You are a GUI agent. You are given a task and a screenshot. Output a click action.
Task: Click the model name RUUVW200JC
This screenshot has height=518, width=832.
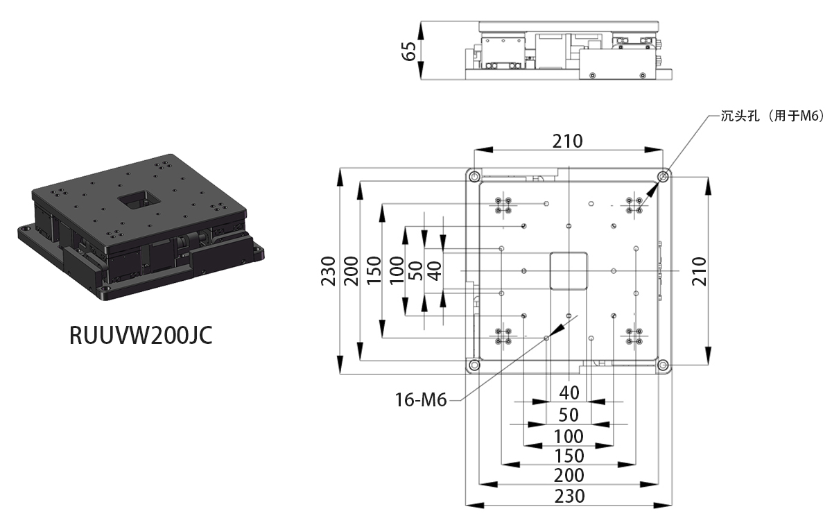pos(141,335)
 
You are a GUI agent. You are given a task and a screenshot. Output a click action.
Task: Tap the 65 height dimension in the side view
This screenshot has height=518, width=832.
pos(408,51)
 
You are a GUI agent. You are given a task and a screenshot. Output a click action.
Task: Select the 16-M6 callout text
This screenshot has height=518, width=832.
pos(420,400)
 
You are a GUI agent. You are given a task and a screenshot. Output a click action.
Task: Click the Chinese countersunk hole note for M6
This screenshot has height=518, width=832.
pos(772,116)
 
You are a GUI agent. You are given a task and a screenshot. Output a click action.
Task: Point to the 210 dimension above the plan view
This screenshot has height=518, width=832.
pos(568,141)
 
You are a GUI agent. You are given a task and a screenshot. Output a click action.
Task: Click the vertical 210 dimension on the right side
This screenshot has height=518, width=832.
pos(699,271)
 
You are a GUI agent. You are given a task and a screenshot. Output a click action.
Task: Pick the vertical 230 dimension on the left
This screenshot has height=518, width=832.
pos(328,271)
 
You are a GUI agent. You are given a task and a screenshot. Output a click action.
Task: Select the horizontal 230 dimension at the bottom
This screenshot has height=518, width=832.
pos(569,496)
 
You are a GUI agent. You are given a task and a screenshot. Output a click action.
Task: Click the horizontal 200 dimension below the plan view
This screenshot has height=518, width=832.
pos(569,476)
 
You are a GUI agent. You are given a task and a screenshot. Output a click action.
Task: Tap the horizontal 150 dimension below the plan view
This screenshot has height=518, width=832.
pos(569,456)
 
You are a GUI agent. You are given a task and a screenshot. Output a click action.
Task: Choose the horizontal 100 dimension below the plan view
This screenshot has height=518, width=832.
pos(569,436)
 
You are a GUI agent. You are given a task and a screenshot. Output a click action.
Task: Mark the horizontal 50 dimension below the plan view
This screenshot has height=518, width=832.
pos(569,415)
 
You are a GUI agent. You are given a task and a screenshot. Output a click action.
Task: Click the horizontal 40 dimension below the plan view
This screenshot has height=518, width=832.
pos(569,393)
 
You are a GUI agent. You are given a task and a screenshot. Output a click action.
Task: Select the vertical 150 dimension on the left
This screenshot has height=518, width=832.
pos(374,271)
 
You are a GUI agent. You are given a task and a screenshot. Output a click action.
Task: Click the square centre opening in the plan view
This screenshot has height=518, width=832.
pos(569,271)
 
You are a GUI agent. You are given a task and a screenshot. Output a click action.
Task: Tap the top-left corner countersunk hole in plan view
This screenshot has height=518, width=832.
pos(474,177)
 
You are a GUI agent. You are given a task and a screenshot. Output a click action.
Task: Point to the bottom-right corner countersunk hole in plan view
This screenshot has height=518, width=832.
pos(663,365)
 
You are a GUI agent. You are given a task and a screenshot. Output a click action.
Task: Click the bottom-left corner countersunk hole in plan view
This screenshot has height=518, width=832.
pos(474,365)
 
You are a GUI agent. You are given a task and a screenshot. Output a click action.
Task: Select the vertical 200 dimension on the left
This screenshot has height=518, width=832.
pos(351,271)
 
